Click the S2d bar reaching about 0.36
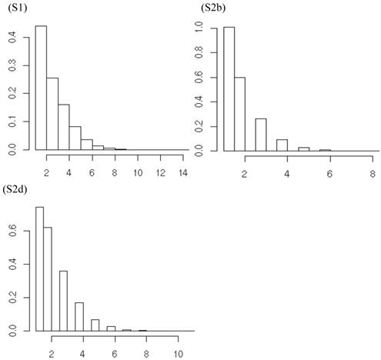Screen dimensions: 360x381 tap(63, 300)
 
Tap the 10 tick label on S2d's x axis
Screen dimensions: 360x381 tap(178, 353)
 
